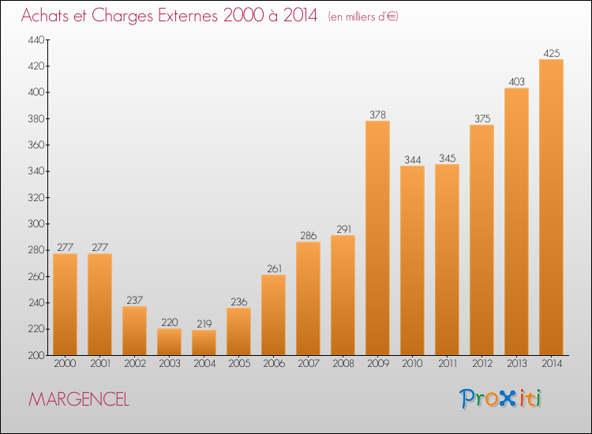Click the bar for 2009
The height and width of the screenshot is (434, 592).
click(x=377, y=238)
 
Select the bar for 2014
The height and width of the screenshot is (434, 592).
click(x=551, y=208)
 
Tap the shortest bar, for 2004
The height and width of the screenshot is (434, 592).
click(x=204, y=342)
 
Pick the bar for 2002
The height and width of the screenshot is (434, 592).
click(x=134, y=331)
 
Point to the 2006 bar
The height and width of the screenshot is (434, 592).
click(x=273, y=315)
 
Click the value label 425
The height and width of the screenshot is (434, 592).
click(x=551, y=53)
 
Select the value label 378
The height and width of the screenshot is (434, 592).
click(x=377, y=114)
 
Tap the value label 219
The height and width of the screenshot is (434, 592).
click(x=204, y=324)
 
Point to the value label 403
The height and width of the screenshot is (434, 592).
click(x=516, y=81)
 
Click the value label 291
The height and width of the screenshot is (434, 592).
click(x=343, y=229)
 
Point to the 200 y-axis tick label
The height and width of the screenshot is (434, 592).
click(x=36, y=355)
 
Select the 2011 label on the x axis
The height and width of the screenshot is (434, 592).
click(x=447, y=364)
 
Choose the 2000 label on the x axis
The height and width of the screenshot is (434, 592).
click(x=65, y=364)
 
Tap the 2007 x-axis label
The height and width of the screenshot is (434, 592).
click(x=308, y=364)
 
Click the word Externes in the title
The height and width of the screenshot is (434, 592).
click(x=188, y=15)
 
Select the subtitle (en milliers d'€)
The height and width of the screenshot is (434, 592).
click(x=363, y=17)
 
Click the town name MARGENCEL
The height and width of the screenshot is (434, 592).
click(x=79, y=399)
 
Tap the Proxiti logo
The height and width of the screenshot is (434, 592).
click(x=500, y=398)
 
